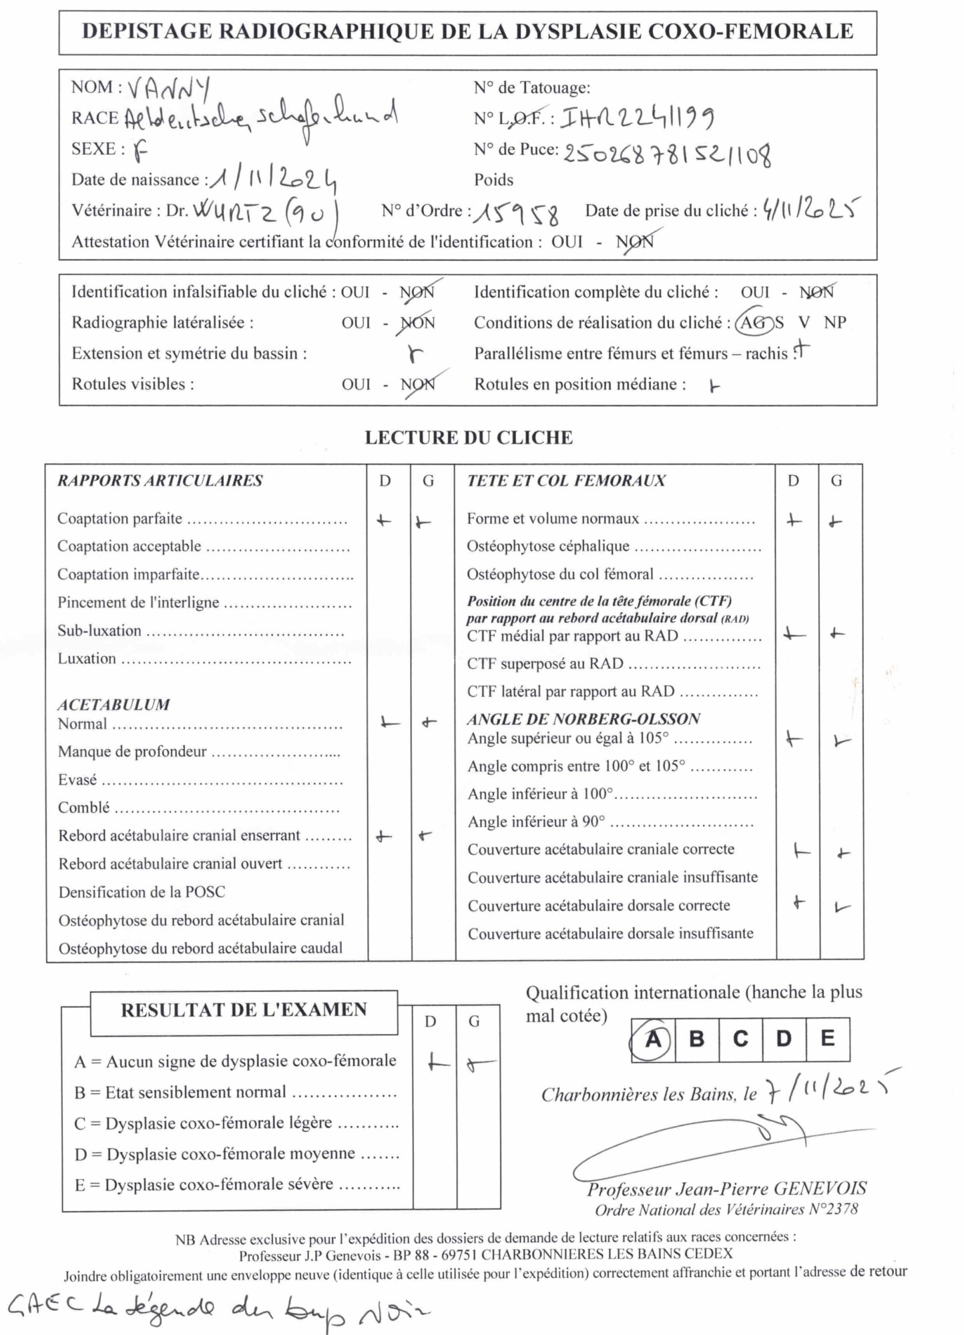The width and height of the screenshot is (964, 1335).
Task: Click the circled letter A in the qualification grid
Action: click(x=653, y=1039)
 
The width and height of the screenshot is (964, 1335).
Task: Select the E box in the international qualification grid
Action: click(x=827, y=1039)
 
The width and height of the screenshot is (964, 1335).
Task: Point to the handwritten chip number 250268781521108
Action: click(x=667, y=154)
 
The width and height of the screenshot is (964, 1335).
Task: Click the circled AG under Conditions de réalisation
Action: click(x=754, y=322)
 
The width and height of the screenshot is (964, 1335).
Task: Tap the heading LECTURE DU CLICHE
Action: click(x=469, y=438)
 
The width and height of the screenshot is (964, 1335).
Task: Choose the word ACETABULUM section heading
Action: click(x=113, y=705)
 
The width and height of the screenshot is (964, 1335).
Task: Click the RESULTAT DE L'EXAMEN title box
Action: click(x=244, y=1010)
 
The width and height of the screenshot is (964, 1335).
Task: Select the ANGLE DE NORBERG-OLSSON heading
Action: click(x=583, y=719)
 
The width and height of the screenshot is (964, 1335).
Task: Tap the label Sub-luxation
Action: click(x=99, y=631)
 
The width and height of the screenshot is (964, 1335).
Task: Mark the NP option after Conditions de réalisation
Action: click(x=834, y=322)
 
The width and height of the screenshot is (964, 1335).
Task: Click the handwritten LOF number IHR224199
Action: click(x=638, y=118)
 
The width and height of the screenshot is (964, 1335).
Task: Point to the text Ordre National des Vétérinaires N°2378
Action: click(x=726, y=1210)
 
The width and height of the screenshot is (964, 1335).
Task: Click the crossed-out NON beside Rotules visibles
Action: click(x=418, y=384)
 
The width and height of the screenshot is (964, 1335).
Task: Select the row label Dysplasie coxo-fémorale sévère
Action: click(x=220, y=1185)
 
